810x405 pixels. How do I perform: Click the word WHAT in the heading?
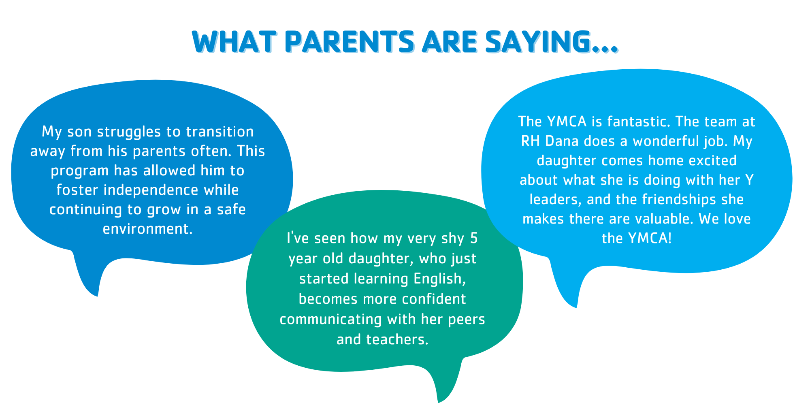tap(234, 42)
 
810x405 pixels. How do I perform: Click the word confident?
tap(434, 299)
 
